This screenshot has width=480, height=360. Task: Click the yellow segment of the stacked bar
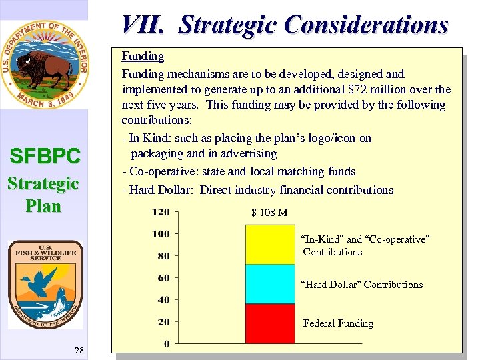click(269, 244)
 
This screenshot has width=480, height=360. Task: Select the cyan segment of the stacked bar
click(269, 284)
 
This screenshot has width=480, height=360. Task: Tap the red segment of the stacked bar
click(269, 323)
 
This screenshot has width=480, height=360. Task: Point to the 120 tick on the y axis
click(161, 212)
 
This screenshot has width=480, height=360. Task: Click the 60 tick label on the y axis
click(163, 277)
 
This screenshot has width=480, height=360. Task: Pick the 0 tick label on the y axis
click(167, 343)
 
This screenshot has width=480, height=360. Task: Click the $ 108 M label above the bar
click(269, 213)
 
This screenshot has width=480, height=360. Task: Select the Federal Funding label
click(338, 323)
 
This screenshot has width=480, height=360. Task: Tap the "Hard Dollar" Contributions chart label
click(362, 285)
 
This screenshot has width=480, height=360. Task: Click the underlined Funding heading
click(143, 56)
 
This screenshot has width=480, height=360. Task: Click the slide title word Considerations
click(365, 25)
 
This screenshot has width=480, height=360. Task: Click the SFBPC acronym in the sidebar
click(45, 157)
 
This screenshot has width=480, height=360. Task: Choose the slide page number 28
click(80, 351)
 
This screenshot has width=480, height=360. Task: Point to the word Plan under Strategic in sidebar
click(44, 206)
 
